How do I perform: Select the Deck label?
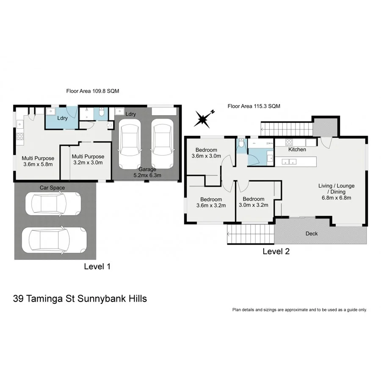pyautogui.click(x=312, y=233)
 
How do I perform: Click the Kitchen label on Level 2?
pyautogui.click(x=297, y=149)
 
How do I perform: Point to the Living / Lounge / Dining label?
pyautogui.click(x=337, y=191)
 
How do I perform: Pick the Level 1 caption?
pyautogui.click(x=97, y=266)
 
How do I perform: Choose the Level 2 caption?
pyautogui.click(x=276, y=251)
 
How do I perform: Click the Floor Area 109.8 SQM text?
pyautogui.click(x=91, y=91)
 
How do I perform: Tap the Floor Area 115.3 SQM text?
pyautogui.click(x=254, y=106)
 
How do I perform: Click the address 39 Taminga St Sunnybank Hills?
pyautogui.click(x=80, y=298)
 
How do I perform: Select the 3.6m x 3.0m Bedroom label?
pyautogui.click(x=206, y=153)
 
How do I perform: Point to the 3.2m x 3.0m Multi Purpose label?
pyautogui.click(x=88, y=159)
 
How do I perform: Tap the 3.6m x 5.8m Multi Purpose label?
pyautogui.click(x=38, y=161)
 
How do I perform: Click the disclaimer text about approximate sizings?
pyautogui.click(x=299, y=310)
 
